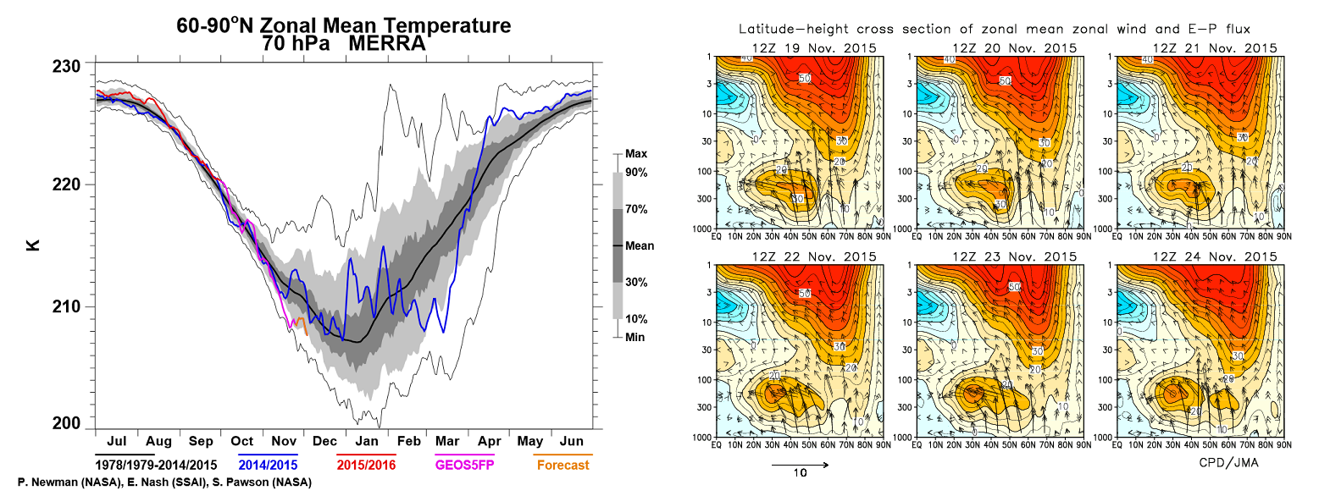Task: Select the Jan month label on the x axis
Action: [x=366, y=441]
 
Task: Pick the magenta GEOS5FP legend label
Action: [x=464, y=465]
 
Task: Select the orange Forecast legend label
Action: [x=563, y=465]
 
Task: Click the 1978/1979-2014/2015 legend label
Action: [x=154, y=465]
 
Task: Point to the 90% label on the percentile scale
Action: [x=636, y=173]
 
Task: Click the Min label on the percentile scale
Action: [x=635, y=336]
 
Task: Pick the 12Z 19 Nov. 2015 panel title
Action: [x=800, y=47]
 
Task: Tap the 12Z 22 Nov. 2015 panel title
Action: [x=800, y=256]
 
